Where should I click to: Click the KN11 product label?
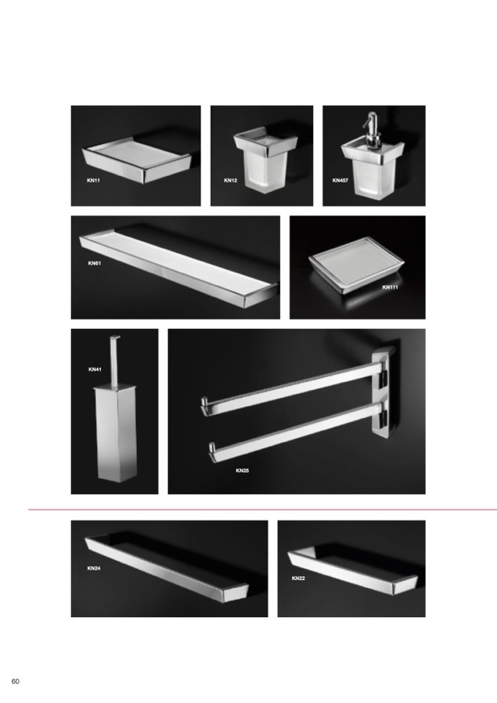tap(93, 180)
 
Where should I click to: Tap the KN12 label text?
tap(230, 180)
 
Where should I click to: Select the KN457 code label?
tap(340, 180)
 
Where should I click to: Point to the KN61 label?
tap(95, 263)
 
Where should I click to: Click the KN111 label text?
tap(390, 287)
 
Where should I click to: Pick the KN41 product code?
tap(95, 369)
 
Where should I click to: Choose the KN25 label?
tap(242, 471)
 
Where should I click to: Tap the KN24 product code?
tap(94, 569)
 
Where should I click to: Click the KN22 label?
tap(298, 578)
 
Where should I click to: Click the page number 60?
tap(15, 682)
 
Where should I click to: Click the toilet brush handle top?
tap(115, 338)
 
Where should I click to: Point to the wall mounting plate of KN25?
tap(385, 394)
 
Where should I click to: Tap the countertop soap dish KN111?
tap(356, 265)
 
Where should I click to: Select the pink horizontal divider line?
tap(262, 509)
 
